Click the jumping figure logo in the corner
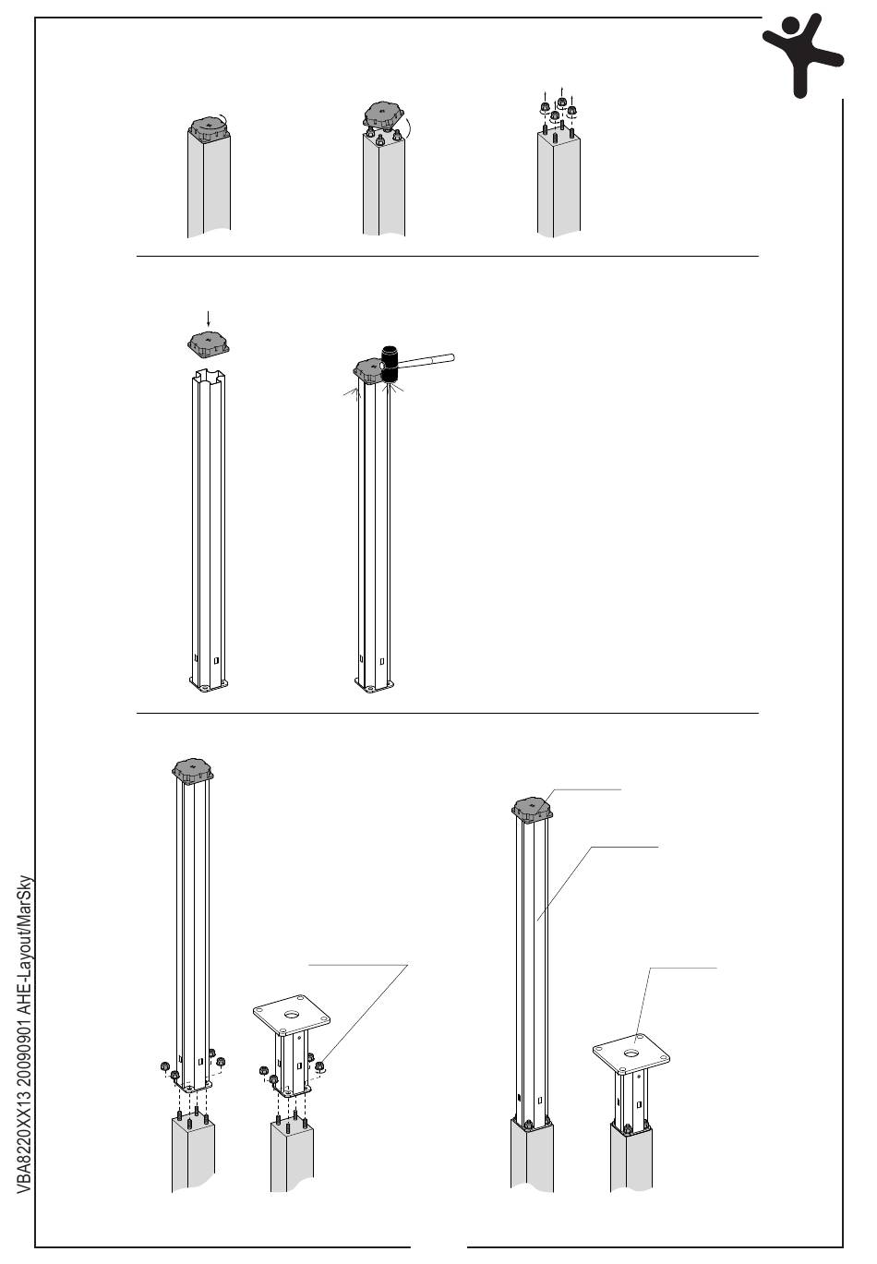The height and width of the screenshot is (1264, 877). [x=800, y=54]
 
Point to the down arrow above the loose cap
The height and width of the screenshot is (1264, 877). [x=209, y=319]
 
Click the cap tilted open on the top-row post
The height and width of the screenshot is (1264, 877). [x=386, y=116]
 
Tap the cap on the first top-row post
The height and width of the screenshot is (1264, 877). [x=209, y=127]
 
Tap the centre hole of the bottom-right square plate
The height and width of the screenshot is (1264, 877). [x=631, y=1053]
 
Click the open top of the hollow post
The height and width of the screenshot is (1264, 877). [x=209, y=375]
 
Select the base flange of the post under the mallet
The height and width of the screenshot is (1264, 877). [x=374, y=687]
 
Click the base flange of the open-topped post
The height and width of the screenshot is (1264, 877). [x=209, y=686]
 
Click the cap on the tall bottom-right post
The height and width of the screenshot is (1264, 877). [x=532, y=808]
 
